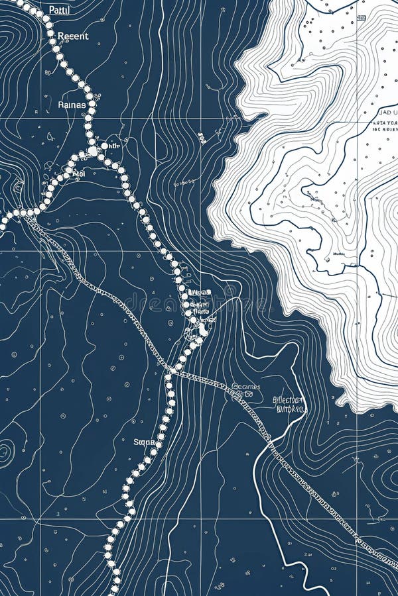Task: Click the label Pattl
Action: [58, 10]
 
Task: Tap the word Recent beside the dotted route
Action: [72, 36]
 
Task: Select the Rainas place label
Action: [72, 104]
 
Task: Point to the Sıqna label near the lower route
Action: [143, 442]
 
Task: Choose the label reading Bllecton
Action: [288, 400]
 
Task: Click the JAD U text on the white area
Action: [384, 112]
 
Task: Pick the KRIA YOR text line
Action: [384, 123]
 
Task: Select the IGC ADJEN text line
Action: [383, 130]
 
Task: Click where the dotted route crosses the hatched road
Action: [174, 368]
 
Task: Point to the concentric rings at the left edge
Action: [5, 453]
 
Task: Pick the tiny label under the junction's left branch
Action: [78, 174]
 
